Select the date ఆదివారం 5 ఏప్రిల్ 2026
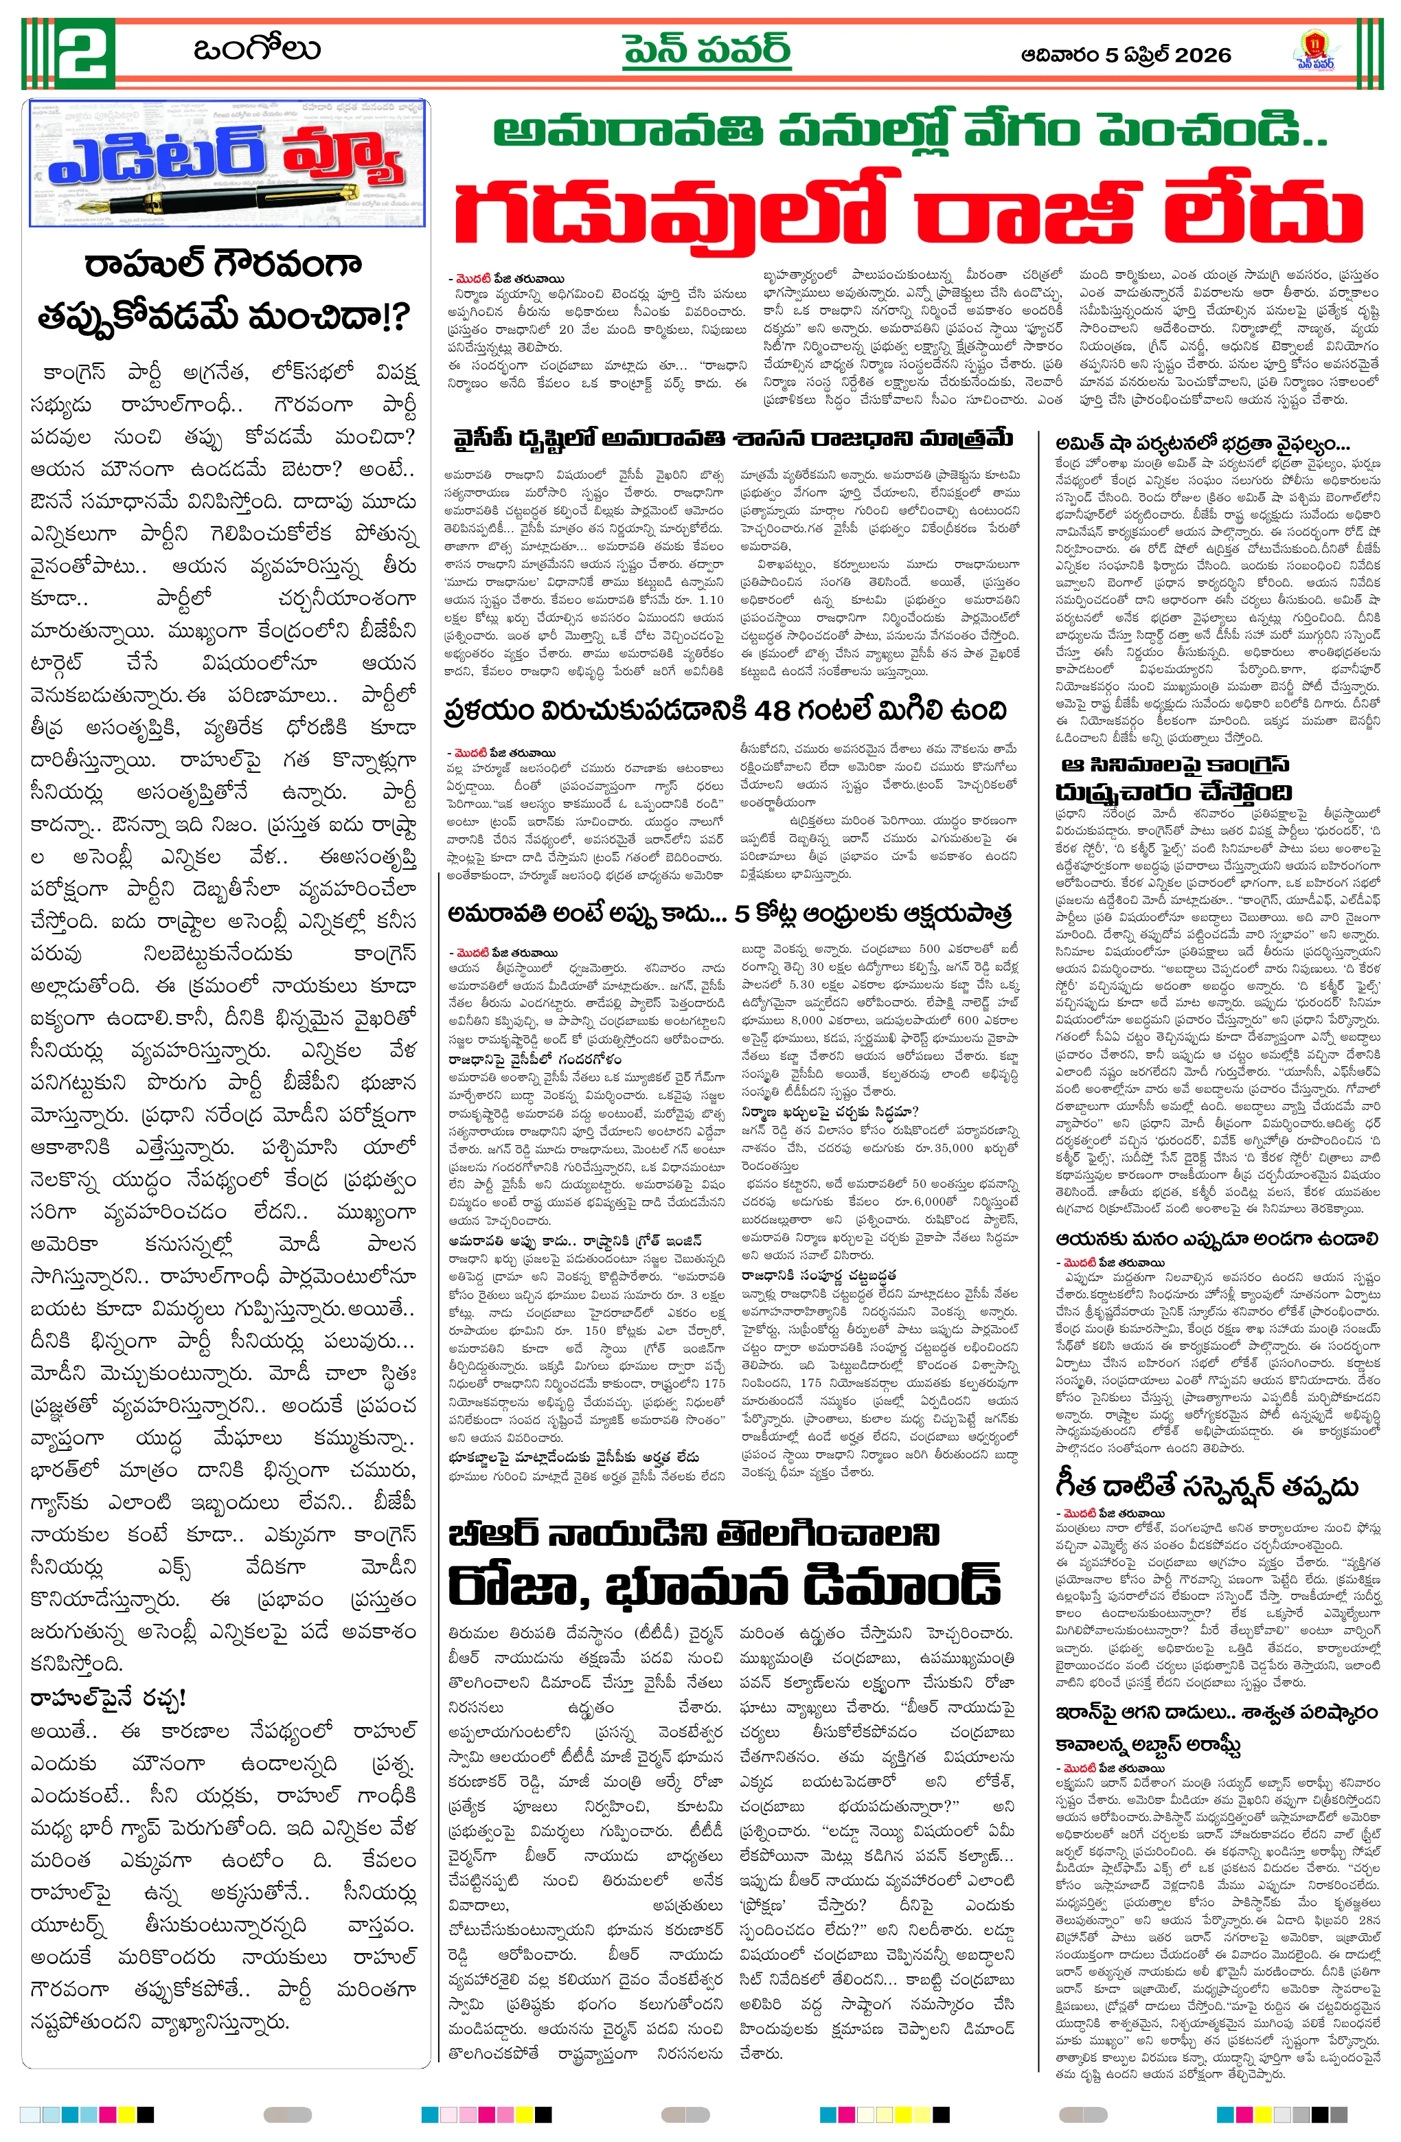point(1126,56)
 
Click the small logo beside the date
point(1313,52)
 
